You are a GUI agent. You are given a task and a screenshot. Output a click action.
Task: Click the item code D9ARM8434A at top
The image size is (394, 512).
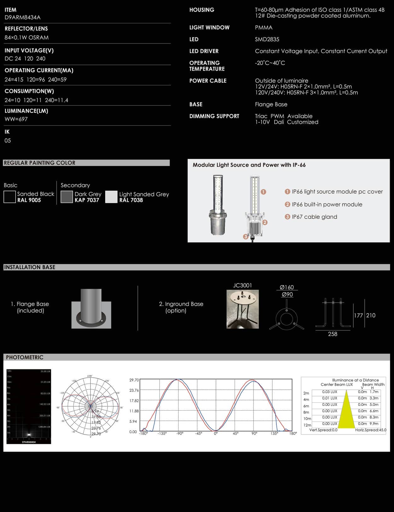point(22,18)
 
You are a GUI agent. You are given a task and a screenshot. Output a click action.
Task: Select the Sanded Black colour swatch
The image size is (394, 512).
point(10,197)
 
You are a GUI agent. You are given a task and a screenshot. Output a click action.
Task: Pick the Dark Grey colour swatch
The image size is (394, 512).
point(67,197)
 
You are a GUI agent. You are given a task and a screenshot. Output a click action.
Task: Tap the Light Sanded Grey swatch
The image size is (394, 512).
point(111,197)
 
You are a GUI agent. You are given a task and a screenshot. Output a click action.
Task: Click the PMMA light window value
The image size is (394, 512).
point(264,28)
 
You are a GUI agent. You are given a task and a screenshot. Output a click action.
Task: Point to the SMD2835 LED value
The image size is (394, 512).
point(267,39)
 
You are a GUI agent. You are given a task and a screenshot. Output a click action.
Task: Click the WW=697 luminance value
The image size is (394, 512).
point(16,119)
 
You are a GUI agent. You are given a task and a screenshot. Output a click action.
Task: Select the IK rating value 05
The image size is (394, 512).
point(8,141)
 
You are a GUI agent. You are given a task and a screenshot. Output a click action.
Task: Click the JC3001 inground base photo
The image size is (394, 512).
point(242,309)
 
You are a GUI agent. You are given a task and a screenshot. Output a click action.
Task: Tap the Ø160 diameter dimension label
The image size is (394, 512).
point(287,287)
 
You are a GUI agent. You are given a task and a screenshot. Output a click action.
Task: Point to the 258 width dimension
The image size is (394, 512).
point(333,334)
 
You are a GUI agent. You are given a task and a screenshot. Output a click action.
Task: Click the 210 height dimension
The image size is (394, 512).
point(371,315)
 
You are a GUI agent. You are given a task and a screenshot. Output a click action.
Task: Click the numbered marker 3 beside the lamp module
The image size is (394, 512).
point(246,237)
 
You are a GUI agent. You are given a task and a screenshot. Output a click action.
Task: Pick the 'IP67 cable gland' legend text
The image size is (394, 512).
point(314,217)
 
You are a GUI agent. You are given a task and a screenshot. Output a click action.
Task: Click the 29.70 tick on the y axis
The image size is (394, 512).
point(134,380)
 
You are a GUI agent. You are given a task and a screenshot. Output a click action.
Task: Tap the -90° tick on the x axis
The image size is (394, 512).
point(180,434)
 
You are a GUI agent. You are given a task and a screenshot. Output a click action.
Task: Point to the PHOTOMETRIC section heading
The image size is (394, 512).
point(25,357)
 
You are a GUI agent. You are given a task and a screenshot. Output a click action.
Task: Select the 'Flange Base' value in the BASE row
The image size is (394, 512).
point(271,104)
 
